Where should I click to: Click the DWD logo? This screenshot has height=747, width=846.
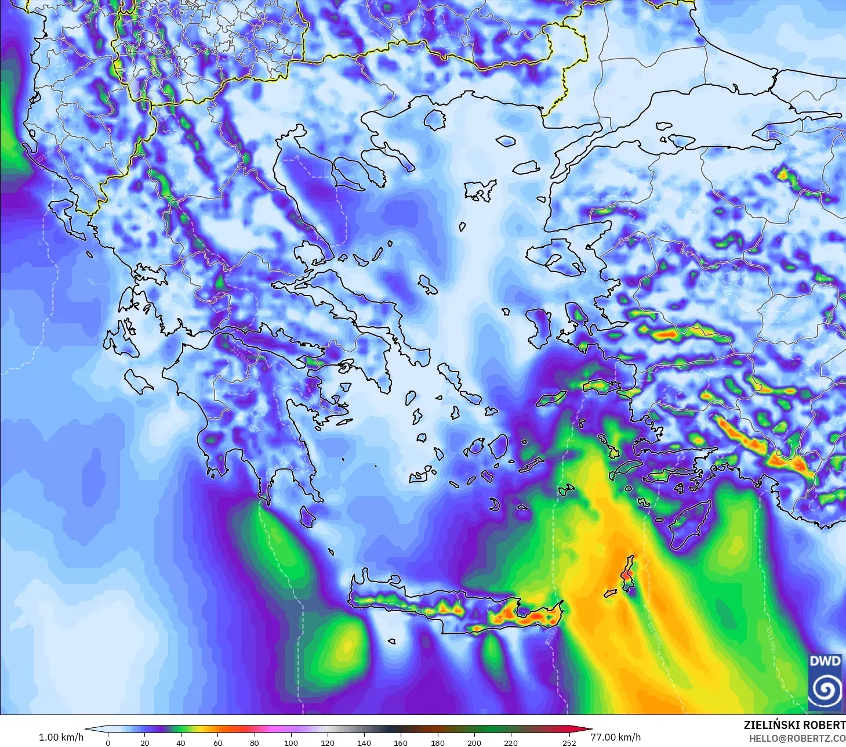coord(826,681)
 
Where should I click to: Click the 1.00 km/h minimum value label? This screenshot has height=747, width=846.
coord(61,737)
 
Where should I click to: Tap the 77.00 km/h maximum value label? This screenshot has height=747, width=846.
coord(615,737)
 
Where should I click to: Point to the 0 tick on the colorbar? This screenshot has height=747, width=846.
coord(108,742)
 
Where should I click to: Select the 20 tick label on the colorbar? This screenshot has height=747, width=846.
coord(144,742)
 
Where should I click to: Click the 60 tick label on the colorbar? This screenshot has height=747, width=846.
coord(217,742)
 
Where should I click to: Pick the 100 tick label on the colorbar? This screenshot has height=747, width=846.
coord(291,742)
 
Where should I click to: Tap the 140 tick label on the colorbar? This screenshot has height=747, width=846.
coord(364,742)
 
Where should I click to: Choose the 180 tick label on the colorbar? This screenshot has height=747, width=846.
coord(437,742)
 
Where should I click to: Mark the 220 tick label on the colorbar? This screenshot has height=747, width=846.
coord(510,742)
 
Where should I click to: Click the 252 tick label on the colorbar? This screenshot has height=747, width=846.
coord(569,742)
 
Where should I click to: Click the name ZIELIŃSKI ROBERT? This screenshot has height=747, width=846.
coord(794,725)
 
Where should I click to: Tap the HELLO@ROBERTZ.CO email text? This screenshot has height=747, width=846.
coord(797,738)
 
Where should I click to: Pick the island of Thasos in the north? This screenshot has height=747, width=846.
coord(435,120)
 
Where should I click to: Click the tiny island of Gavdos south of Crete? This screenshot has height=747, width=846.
coord(391,641)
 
